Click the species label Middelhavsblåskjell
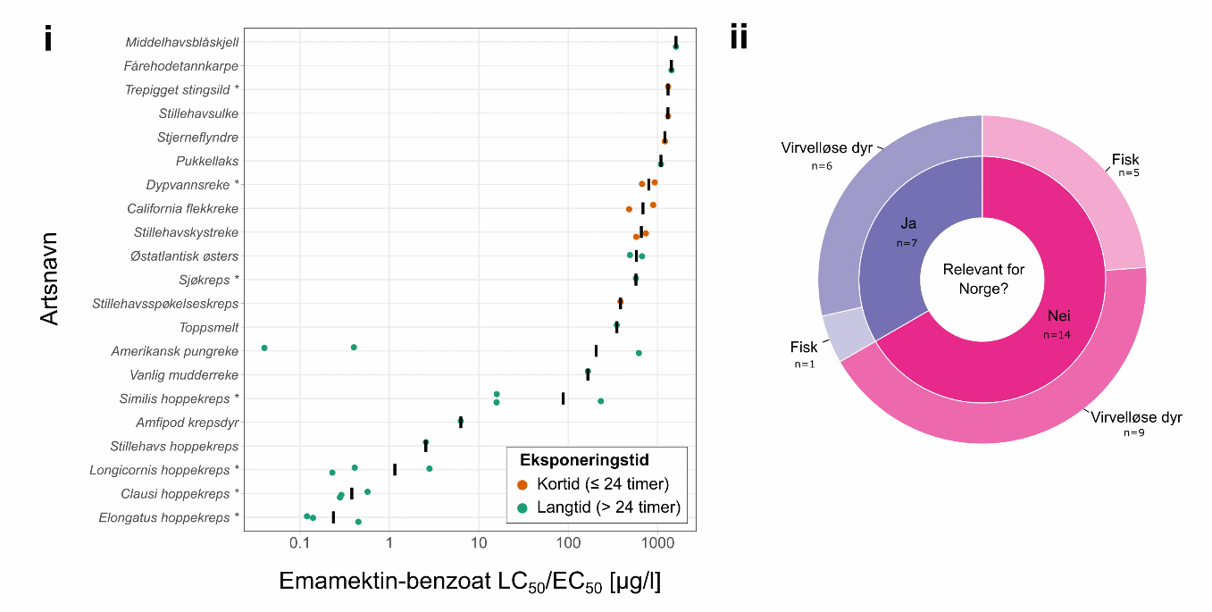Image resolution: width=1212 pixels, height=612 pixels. coord(181,42)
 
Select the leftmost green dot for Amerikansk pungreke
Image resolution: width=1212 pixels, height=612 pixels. coord(264,348)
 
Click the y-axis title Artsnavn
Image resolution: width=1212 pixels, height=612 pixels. coord(50,279)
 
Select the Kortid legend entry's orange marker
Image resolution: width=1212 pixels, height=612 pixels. coord(522,484)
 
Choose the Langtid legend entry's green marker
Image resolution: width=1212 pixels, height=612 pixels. coord(522,507)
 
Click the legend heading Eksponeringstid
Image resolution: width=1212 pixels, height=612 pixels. coord(583,460)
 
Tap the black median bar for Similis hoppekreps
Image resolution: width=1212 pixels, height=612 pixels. coord(563,398)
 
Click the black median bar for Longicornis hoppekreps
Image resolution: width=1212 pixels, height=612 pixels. coord(395,469)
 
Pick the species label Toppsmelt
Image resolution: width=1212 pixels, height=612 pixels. coord(208,327)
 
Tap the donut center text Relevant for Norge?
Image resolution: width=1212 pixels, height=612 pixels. coord(983,279)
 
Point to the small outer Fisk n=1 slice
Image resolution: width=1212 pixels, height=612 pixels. coord(841,332)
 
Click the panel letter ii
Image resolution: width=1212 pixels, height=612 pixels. coord(739,38)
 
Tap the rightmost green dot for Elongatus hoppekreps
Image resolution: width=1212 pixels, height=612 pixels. coord(358,522)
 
